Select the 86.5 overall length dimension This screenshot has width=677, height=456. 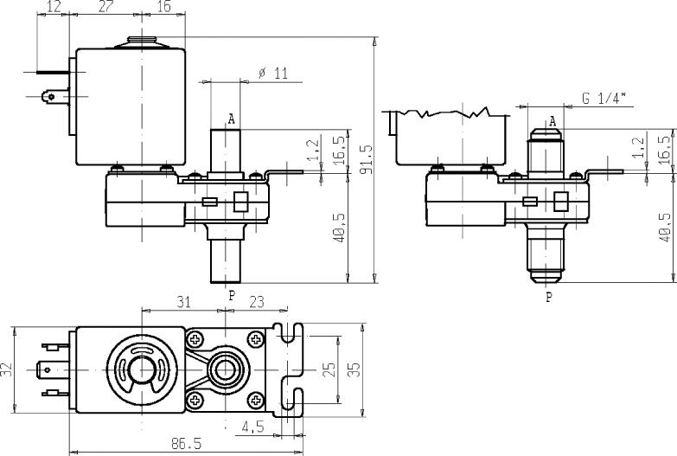point(186,443)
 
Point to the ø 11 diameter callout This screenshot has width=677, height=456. point(273,74)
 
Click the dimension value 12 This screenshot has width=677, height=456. point(53,8)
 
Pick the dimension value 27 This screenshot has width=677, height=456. point(105,8)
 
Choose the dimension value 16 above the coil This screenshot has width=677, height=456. point(163,8)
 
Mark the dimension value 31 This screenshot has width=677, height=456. point(183,302)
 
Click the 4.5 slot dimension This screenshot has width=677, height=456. point(252,425)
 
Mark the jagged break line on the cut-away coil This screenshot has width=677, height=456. point(450,112)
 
